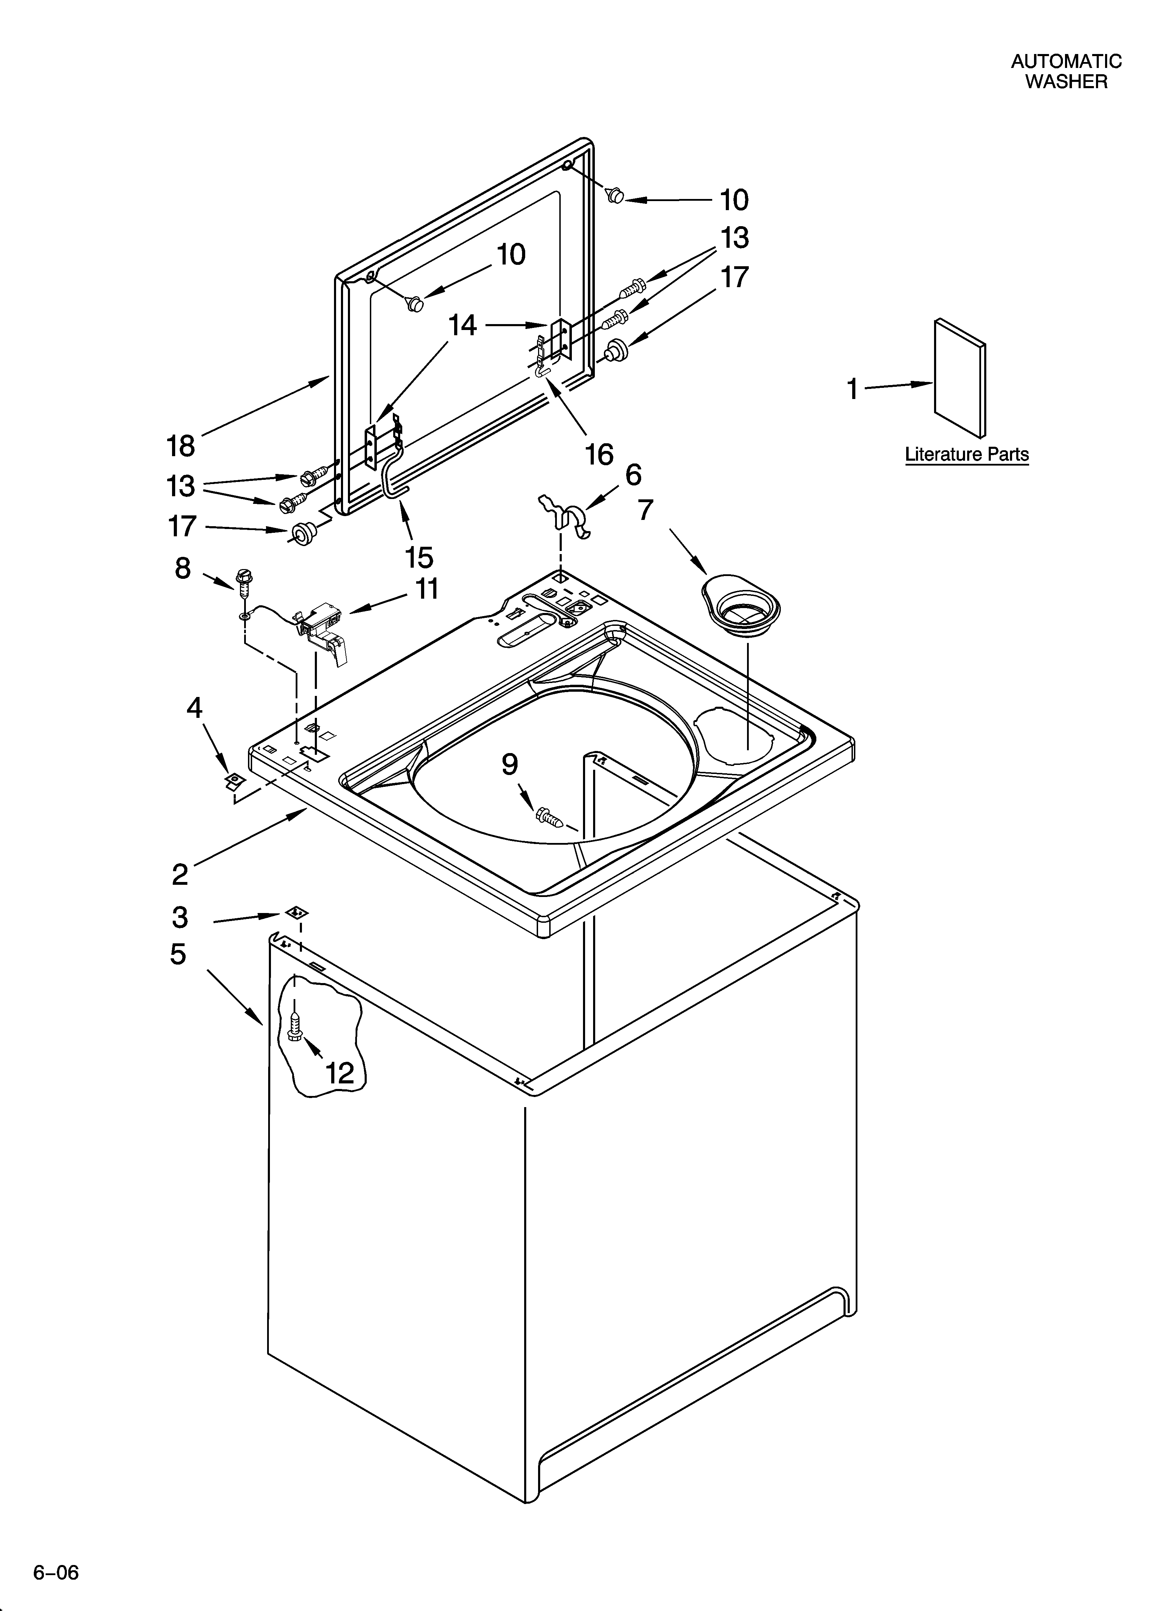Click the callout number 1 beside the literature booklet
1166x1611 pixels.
point(852,389)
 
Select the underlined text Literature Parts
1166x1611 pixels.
point(966,455)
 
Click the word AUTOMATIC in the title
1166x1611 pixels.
point(1066,62)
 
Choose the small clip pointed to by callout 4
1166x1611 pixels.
point(232,782)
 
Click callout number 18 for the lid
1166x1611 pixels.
point(181,446)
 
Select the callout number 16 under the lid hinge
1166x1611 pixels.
point(599,454)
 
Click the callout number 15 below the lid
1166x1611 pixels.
point(419,558)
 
